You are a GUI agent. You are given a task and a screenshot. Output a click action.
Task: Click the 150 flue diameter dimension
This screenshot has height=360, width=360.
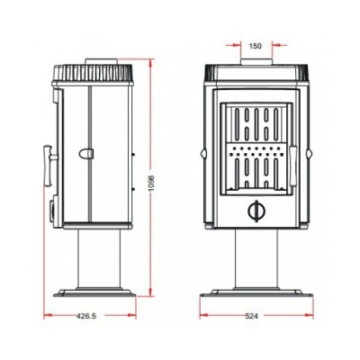(256, 46)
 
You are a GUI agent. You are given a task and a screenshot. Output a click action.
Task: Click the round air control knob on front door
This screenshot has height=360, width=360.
(256, 211)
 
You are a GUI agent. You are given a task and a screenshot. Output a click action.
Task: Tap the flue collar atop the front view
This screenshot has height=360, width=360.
(256, 61)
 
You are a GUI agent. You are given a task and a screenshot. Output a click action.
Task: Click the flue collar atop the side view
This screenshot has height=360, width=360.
(101, 61)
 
